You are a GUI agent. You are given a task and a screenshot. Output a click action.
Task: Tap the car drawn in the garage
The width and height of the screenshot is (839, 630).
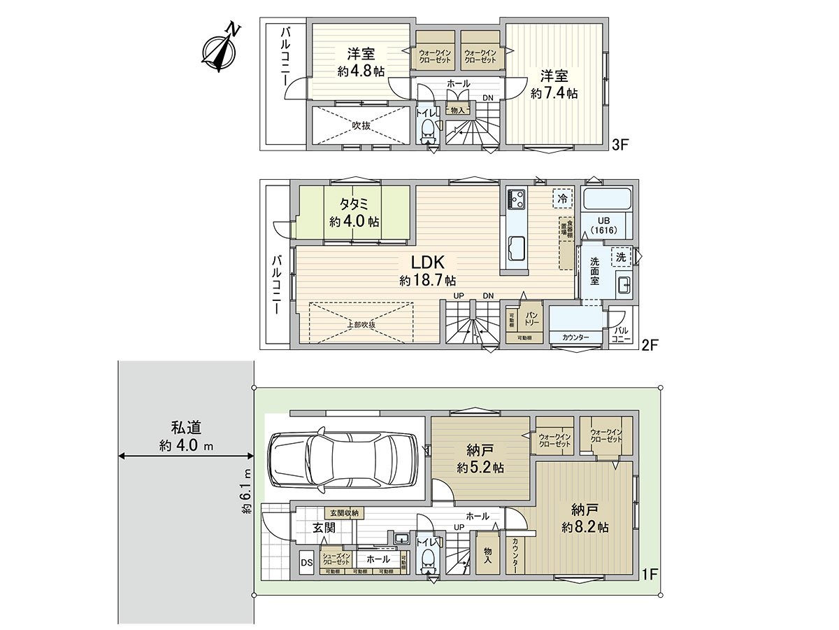pos(343,461)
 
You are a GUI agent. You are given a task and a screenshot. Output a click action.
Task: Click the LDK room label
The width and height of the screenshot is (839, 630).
pos(427,262)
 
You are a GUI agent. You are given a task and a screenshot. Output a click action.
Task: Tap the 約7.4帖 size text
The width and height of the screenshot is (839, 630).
pos(554,93)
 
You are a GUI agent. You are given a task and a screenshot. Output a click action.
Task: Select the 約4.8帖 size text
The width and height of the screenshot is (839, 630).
pos(360,70)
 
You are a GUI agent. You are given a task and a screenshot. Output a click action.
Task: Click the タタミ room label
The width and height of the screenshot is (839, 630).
pos(354,204)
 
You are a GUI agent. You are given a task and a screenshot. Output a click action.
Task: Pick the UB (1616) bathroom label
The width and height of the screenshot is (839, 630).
pos(608,225)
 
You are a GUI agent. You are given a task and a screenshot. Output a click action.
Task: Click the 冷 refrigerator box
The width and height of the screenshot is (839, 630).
pos(562,198)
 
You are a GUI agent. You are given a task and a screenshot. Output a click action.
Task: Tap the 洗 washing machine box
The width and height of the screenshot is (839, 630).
pos(620,257)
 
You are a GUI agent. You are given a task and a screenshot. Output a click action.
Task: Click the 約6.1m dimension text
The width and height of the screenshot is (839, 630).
pos(247,491)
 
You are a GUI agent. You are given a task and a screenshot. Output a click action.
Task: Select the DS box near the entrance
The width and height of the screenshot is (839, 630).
pos(306,561)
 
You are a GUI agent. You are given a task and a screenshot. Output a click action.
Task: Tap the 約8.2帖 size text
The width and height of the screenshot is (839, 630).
pos(585,527)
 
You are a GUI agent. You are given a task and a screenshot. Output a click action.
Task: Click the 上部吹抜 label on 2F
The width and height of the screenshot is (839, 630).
pos(361,325)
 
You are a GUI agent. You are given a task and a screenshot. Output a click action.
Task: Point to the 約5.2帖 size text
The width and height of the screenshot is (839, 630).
pos(480,468)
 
